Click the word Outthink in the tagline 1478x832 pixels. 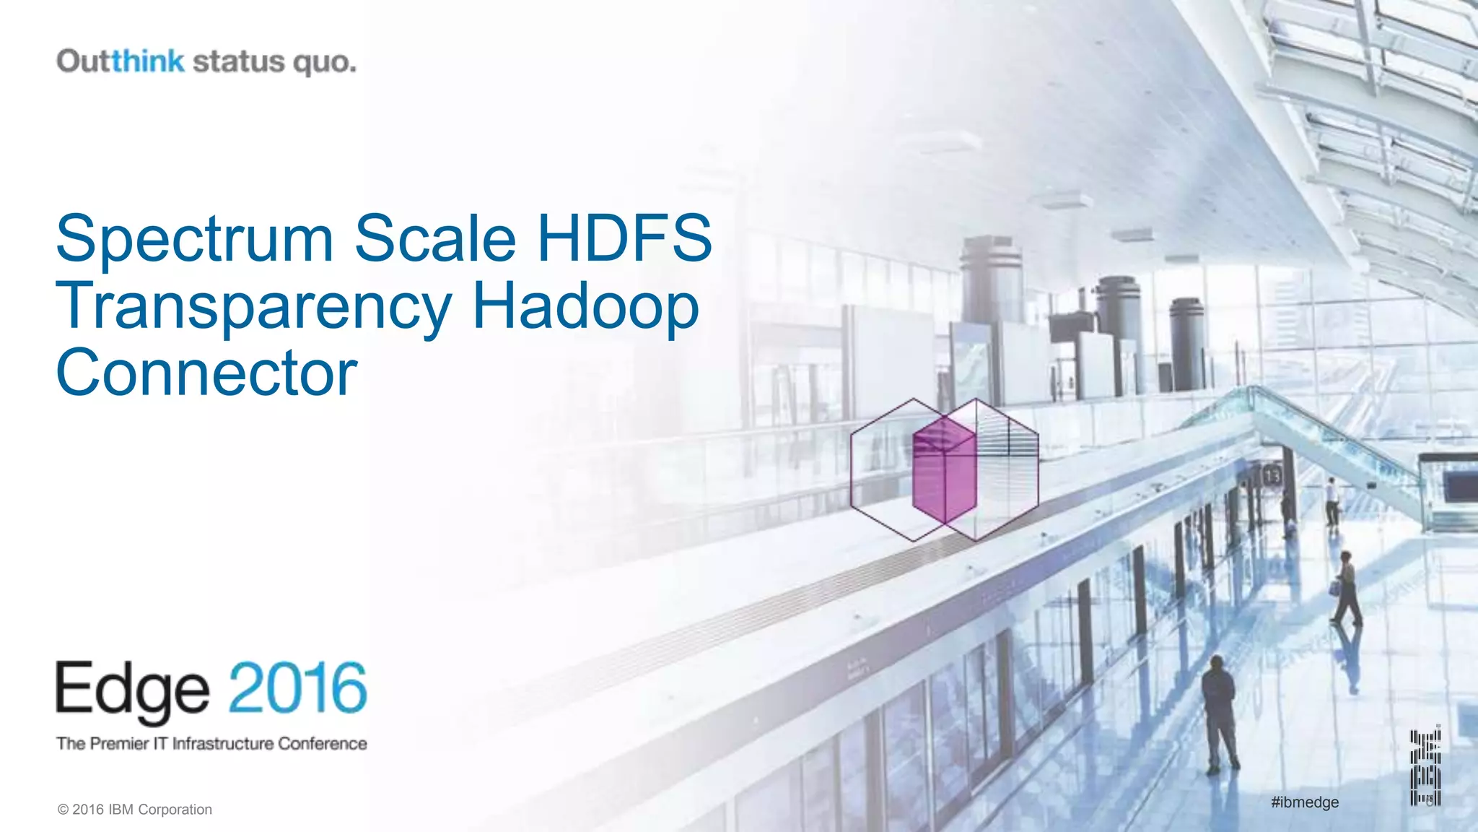coord(121,61)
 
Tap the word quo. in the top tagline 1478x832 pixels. coord(324,63)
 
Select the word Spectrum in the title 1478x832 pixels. coord(194,238)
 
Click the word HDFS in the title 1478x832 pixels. coord(624,238)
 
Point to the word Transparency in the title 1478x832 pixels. coord(253,308)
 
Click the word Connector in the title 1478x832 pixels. coord(206,373)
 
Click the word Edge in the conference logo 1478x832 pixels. coord(133,690)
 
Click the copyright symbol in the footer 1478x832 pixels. coord(63,810)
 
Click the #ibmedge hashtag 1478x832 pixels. coord(1305,802)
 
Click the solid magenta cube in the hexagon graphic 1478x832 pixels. coord(944,469)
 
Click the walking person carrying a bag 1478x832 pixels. coord(1345,588)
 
